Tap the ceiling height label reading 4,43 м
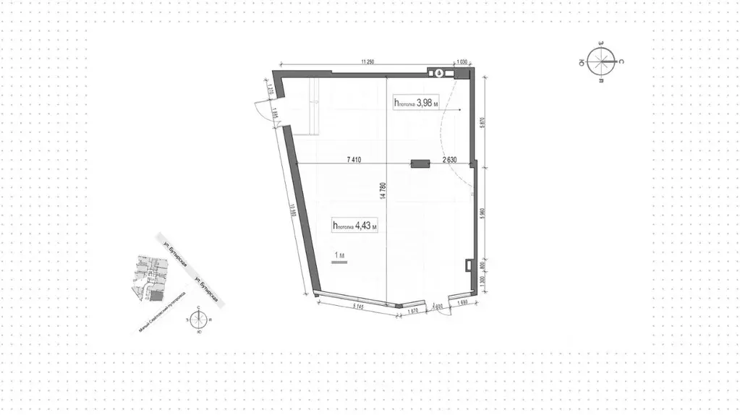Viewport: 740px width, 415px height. [x=355, y=226]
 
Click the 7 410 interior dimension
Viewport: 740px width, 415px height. [x=354, y=159]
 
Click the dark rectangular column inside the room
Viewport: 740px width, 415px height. [x=420, y=164]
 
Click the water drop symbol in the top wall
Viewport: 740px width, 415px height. [x=439, y=72]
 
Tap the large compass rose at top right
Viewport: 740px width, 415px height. [x=603, y=61]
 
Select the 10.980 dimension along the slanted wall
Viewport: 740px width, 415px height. [x=292, y=217]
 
